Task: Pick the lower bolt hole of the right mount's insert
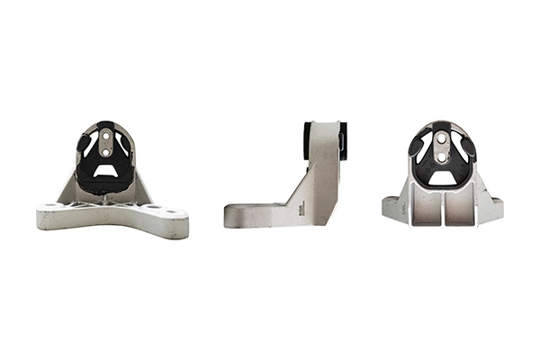[x=441, y=155]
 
